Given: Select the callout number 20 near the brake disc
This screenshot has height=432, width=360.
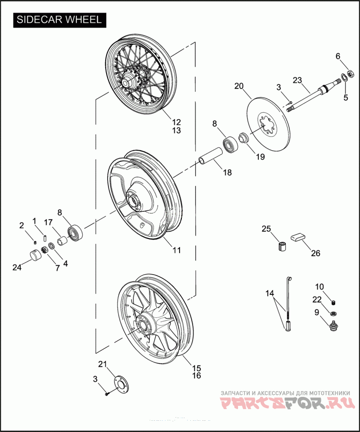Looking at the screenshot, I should tap(238, 86).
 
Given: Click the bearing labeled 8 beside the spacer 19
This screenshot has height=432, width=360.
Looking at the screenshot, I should tap(231, 144).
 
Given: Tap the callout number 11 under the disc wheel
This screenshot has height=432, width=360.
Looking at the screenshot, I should tap(176, 250).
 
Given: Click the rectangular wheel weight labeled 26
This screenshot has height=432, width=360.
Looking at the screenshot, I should tap(297, 237).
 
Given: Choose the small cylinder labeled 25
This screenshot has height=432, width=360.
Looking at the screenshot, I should tap(282, 247).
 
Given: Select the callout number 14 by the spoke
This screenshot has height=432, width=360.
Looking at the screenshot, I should tap(269, 294).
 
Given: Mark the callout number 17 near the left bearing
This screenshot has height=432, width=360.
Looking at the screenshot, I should tap(48, 222).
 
